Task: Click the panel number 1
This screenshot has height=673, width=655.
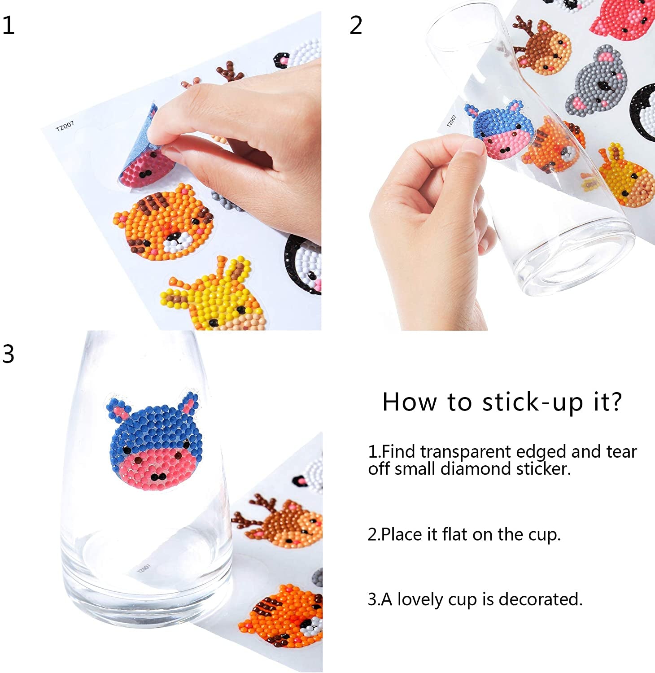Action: click(x=8, y=25)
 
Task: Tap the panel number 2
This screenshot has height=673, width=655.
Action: click(x=356, y=25)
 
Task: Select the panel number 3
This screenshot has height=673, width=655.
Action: click(x=8, y=354)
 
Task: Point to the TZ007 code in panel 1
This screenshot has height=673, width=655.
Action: click(x=65, y=126)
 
